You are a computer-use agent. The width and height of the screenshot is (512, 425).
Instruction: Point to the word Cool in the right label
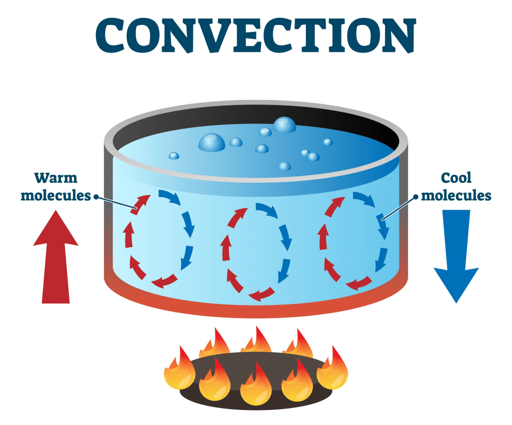tap(456, 178)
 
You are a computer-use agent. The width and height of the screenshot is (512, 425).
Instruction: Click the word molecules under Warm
tap(55, 195)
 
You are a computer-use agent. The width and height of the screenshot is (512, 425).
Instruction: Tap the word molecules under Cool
tap(456, 195)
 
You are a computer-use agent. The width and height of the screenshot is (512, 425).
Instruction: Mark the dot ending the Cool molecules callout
tap(415, 196)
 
